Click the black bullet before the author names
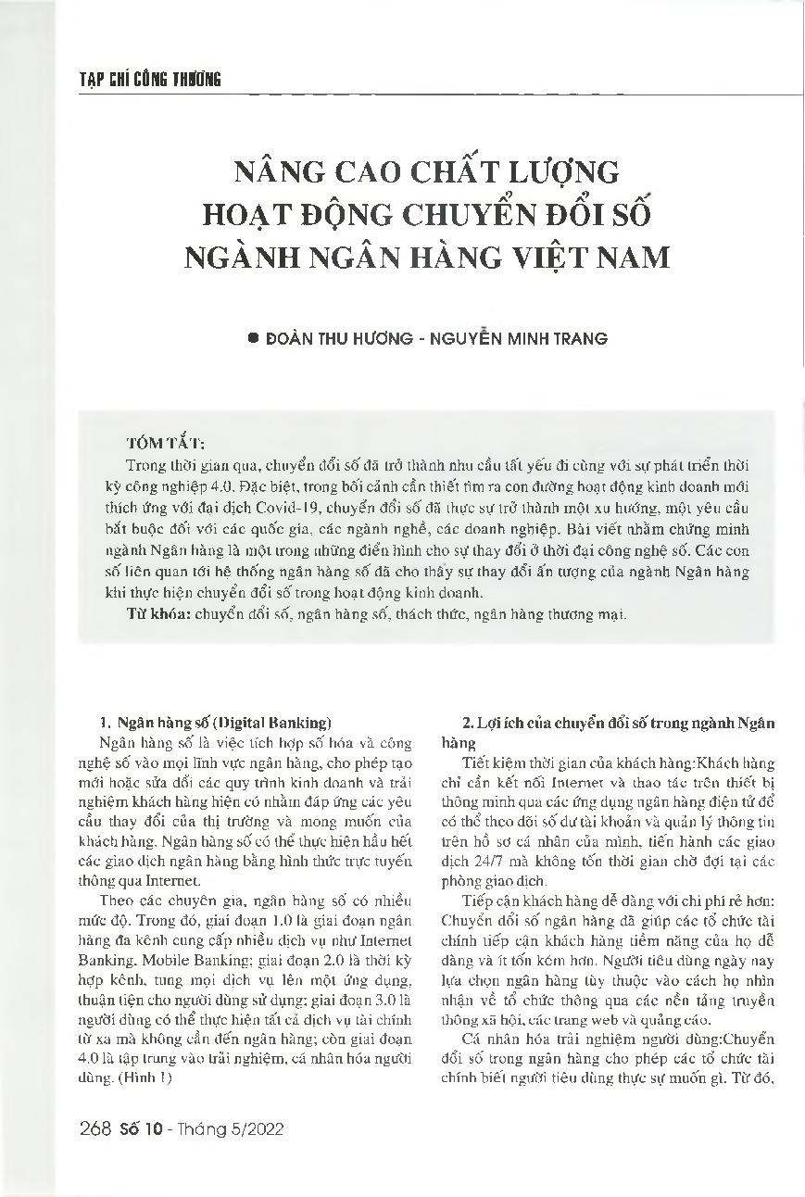point(254,339)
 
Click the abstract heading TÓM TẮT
point(166,444)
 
